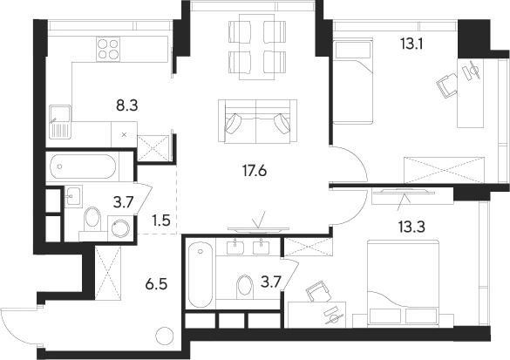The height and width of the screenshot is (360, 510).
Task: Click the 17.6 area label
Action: pos(255,170)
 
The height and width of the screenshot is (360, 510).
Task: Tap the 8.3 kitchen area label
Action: pos(127,105)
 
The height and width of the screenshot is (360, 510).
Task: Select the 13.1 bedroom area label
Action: pos(411,44)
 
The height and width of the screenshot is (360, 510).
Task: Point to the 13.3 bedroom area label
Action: pos(411,227)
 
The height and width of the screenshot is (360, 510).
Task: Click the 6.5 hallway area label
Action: pos(156,284)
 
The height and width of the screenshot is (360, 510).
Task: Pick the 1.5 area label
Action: pos(161,221)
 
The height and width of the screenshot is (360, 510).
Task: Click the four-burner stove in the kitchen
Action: pos(108,49)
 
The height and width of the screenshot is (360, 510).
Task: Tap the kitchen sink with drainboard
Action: pos(60,122)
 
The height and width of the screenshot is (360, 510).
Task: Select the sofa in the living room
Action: pos(257,121)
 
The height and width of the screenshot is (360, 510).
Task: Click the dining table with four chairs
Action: pos(257,47)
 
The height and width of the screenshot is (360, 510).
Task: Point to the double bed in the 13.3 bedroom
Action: pos(403,282)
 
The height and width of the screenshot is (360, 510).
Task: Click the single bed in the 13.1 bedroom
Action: pos(352,81)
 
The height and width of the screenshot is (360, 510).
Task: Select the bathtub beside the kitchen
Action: pos(83,166)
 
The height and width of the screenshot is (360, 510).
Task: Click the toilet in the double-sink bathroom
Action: pos(245,287)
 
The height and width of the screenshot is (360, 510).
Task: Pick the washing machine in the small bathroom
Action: pos(120,228)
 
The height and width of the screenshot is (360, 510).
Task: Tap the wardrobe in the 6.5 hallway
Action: pos(108,273)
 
